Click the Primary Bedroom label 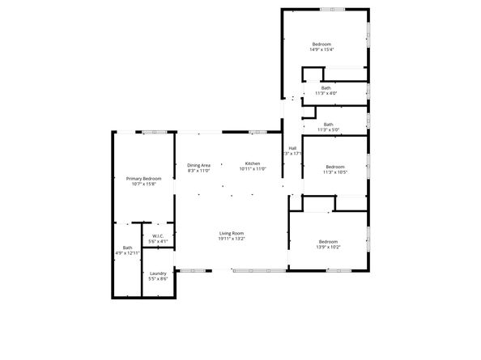pos(143,178)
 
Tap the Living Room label pos(232,233)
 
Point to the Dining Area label pos(199,165)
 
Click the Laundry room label pos(158,273)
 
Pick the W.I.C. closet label pos(158,236)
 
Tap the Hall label pos(292,148)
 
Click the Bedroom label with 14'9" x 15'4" pos(321,44)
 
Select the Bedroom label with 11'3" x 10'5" pos(334,167)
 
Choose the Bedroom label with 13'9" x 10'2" pos(328,242)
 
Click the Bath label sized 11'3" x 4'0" pos(326,87)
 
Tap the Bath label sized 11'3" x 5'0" pos(328,124)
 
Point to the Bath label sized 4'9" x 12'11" pos(127,248)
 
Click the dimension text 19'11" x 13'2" pos(232,239)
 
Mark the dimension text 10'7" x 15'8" pos(143,184)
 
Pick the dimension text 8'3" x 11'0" pos(199,171)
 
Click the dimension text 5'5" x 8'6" pos(158,279)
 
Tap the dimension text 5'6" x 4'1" pos(158,241)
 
